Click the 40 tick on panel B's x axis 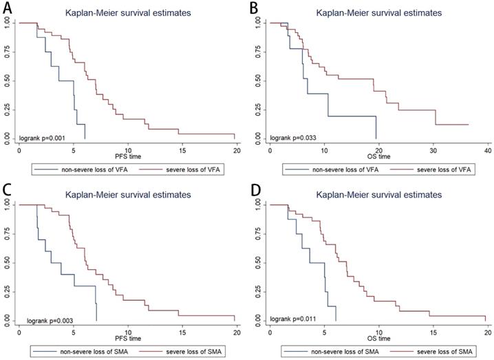coord(486,150)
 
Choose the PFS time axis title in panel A coord(127,157)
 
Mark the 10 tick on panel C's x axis coord(127,332)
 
